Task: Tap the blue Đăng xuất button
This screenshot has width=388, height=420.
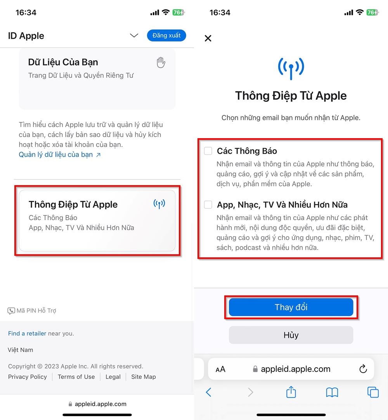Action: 166,35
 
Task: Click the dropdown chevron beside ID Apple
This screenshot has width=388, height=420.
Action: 134,36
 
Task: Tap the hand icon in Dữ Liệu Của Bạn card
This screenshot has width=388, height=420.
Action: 161,62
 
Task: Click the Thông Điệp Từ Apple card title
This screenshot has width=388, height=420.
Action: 73,205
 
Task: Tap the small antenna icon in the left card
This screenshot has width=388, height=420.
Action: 159,204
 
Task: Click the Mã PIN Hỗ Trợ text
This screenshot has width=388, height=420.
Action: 36,311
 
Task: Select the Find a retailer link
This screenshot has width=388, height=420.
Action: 27,333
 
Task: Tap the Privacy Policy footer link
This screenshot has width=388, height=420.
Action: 28,377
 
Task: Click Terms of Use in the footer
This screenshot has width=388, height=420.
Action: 76,377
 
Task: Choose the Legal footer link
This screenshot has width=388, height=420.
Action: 113,377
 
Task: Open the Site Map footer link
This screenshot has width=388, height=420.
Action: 144,377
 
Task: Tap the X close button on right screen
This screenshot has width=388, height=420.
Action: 208,38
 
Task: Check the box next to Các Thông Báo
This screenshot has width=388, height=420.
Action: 208,151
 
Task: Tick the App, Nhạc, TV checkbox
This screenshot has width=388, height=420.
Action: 208,205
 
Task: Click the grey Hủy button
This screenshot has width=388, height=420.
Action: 291,335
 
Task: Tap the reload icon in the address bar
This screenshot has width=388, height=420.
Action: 363,369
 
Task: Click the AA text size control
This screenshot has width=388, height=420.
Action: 220,369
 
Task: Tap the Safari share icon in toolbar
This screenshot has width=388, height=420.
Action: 291,392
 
